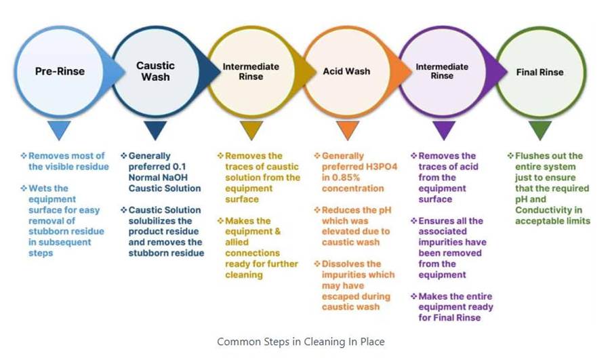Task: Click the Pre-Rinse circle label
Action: point(60,71)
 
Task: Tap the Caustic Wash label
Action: point(155,71)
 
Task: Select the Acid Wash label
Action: point(346,71)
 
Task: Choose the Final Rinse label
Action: point(539,72)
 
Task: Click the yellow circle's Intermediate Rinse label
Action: point(251,71)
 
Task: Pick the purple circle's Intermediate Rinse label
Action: point(442,71)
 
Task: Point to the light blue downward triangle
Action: point(60,129)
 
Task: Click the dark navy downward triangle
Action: point(156,129)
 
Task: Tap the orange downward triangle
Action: point(347,129)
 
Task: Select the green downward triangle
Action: point(540,129)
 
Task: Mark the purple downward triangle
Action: point(444,129)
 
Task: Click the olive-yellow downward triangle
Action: point(251,129)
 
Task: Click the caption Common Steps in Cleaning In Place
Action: point(300,342)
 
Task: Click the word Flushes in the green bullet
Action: point(533,156)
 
